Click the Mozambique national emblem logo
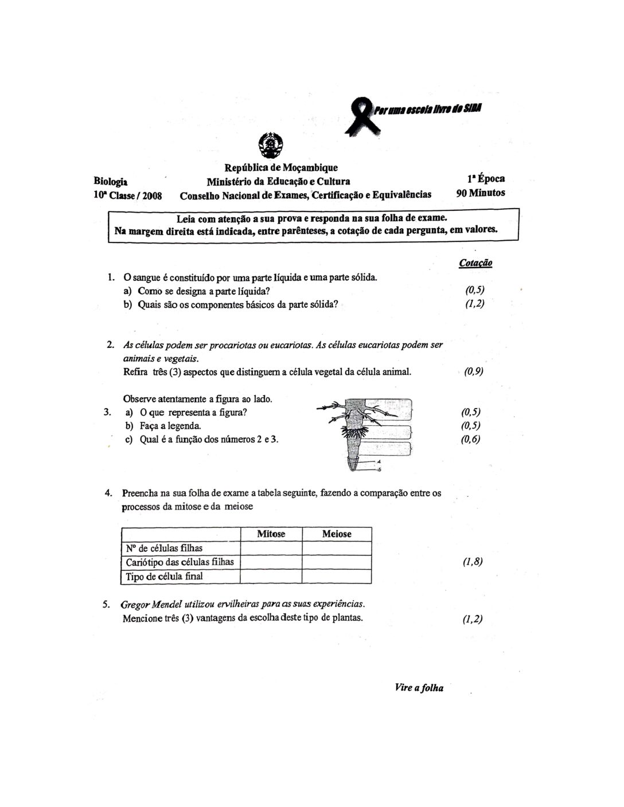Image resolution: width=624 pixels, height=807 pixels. coord(269,145)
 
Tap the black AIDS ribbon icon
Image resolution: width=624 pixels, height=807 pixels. coord(361,115)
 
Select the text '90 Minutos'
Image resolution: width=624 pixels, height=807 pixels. coord(481,193)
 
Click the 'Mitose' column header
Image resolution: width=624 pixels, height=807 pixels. coord(271,534)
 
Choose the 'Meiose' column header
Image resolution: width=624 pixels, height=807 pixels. coord(337,534)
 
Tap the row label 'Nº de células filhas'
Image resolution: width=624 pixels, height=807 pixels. coord(164,548)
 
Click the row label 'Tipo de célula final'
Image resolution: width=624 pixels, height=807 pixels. coord(164,576)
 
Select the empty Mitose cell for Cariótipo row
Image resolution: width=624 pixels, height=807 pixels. coord(271,562)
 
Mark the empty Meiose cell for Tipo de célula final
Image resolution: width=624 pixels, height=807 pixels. coord(337,576)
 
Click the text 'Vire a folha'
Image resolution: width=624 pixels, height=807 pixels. coord(419,688)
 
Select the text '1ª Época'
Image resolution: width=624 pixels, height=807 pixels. coord(486,179)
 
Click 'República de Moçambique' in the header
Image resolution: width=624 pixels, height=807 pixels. coord(281,168)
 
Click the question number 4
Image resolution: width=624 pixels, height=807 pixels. coord(108,493)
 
